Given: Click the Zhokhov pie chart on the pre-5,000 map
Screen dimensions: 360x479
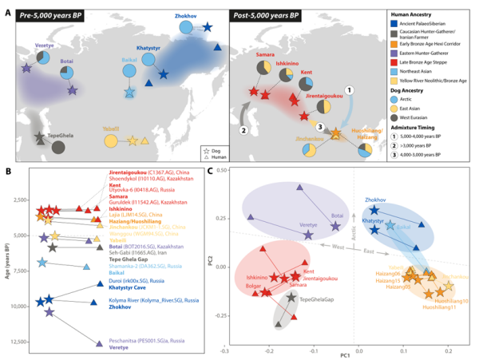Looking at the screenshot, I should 186,28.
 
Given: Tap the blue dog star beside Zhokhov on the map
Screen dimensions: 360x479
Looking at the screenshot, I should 208,28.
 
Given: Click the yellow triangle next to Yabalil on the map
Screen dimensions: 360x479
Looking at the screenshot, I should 144,141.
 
